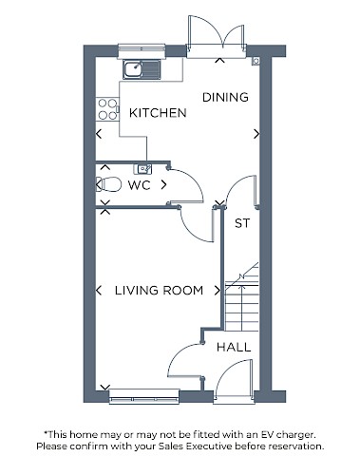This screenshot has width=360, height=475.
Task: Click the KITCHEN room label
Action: coord(158,113)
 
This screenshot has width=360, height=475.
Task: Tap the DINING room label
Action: coord(225,97)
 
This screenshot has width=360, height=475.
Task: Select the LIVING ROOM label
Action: coord(159,291)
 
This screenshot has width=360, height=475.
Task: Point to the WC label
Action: coord(139,185)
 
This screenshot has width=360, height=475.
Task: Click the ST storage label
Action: coord(242,223)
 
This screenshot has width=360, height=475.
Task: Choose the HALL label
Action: coord(234,348)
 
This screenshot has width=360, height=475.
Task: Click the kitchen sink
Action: coord(142,69)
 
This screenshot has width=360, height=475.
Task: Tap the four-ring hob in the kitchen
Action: coord(107,109)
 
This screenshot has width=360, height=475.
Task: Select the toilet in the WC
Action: coord(108,184)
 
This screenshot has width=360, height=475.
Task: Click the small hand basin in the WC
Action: coord(144,169)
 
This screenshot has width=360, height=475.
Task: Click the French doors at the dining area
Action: coord(217,36)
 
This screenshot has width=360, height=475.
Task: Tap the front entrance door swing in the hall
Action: coord(234,380)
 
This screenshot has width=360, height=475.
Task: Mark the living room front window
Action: coord(144,397)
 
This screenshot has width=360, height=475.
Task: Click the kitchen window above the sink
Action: coord(142,51)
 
